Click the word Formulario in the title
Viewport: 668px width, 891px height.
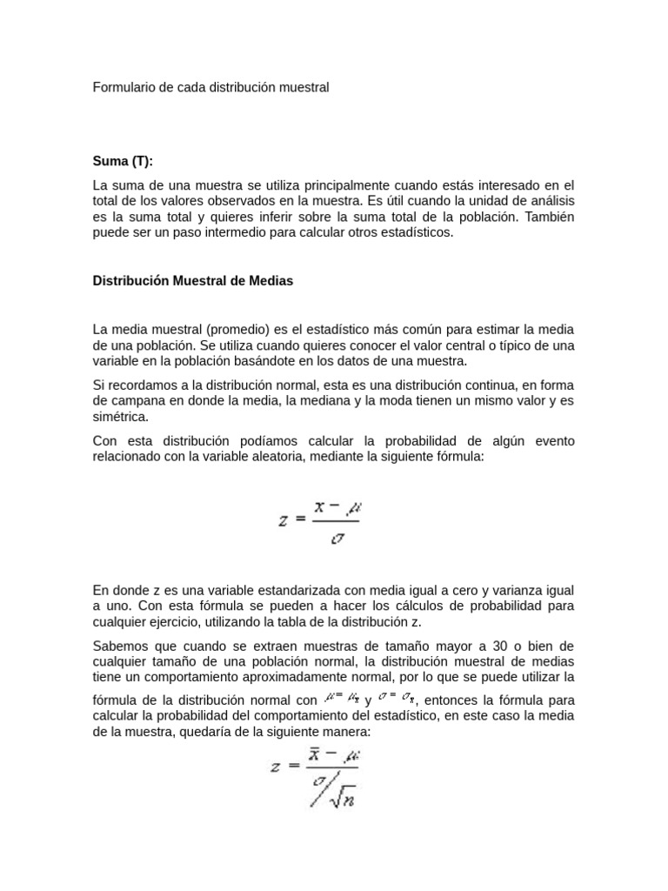(x=123, y=87)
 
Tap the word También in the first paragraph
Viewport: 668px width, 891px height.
(x=546, y=217)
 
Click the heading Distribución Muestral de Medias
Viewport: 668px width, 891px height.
(x=193, y=281)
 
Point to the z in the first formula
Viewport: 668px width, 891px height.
(x=284, y=520)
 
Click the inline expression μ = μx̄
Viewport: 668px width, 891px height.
(x=340, y=696)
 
